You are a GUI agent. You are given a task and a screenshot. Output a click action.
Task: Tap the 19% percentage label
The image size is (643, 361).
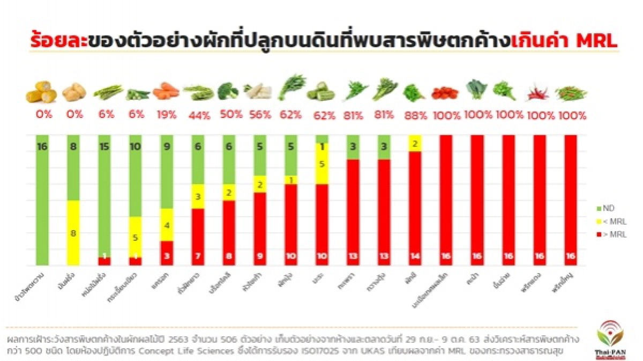pos(167,115)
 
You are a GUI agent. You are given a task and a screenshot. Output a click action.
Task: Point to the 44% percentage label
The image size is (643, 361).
pos(198,115)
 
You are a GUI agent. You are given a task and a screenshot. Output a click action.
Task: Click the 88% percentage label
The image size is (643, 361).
pos(414,115)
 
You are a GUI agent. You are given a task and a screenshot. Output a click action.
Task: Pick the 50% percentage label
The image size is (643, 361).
pos(229,115)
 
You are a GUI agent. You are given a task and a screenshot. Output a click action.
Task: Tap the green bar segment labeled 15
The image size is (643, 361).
pos(104,196)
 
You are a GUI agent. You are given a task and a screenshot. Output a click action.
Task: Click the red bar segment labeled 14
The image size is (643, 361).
pos(414,208)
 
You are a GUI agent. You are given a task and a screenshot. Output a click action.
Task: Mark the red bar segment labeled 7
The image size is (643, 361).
pos(198,237)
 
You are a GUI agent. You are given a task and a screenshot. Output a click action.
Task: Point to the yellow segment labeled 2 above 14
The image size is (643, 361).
pos(414,143)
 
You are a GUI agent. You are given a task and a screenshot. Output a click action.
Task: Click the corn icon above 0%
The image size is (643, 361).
pos(41,92)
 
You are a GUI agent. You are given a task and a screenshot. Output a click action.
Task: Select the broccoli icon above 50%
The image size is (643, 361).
pos(229,91)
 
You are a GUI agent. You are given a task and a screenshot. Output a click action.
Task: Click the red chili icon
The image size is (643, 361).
pos(539,92)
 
